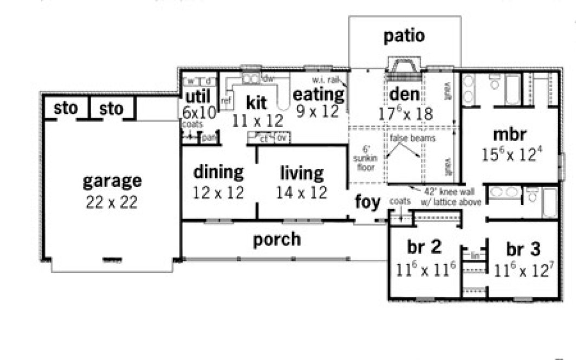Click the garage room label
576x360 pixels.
tap(112, 181)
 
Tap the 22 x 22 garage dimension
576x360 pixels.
tap(112, 202)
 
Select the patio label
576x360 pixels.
tap(404, 36)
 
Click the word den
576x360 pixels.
tap(404, 94)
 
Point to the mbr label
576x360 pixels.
tap(510, 134)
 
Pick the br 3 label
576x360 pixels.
tap(523, 249)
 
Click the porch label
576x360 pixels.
tap(276, 239)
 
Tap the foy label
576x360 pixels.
tap(368, 202)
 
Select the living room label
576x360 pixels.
tap(302, 173)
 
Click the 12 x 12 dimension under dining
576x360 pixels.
tap(218, 192)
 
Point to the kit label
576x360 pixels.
tap(257, 102)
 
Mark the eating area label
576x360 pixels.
tap(319, 94)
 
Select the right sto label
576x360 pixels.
tap(111, 109)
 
